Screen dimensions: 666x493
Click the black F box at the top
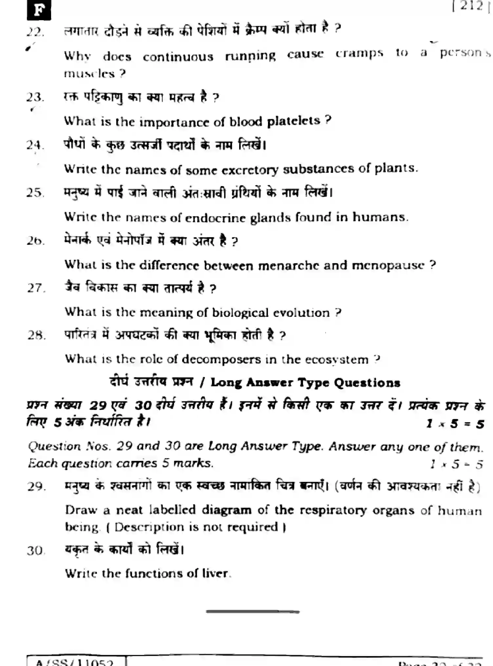39,10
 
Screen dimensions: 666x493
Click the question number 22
35,32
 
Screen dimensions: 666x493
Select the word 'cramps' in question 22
359,53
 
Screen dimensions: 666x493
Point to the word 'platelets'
293,121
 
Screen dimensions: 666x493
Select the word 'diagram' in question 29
226,510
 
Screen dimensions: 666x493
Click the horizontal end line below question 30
253,611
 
